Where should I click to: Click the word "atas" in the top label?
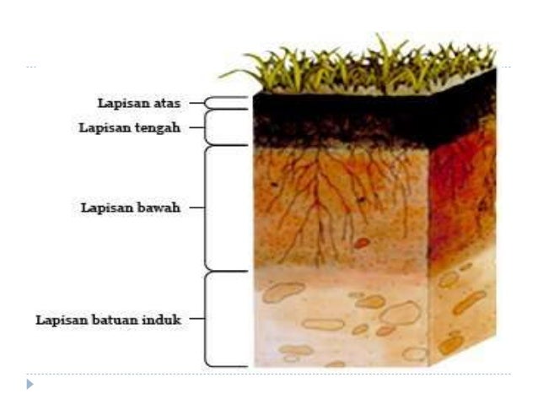[167, 103]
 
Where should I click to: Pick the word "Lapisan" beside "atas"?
[123, 104]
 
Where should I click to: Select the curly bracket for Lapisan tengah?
[205, 127]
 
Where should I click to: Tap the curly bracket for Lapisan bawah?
[205, 207]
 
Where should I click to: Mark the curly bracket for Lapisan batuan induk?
[205, 319]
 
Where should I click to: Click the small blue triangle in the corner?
[30, 384]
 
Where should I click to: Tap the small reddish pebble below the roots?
[362, 243]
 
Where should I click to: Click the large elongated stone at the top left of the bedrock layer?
[283, 292]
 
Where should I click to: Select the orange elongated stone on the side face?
[469, 302]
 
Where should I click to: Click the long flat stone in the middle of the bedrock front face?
[323, 325]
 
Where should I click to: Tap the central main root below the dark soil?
[319, 206]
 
